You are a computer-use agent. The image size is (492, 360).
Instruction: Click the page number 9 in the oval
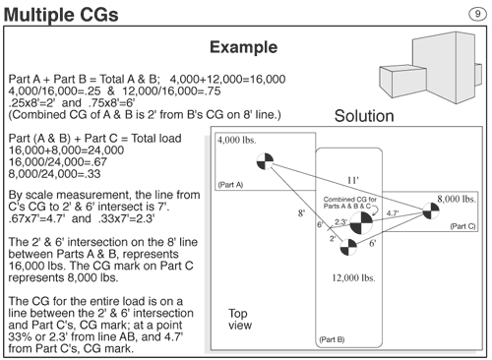[x=477, y=14]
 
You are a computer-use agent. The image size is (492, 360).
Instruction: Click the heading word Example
[x=244, y=47]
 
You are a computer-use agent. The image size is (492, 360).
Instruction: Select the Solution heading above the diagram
[x=364, y=116]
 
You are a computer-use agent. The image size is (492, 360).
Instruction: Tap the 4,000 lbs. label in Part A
[x=237, y=140]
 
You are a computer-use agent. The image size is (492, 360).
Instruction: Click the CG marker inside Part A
[x=265, y=161]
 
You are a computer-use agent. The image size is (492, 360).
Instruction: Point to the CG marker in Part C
[x=431, y=210]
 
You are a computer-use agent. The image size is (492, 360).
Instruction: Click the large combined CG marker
[x=361, y=223]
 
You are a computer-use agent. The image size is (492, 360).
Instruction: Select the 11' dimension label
[x=353, y=180]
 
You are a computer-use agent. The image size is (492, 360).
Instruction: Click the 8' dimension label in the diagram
[x=301, y=213]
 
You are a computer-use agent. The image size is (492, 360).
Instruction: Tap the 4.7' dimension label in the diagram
[x=393, y=213]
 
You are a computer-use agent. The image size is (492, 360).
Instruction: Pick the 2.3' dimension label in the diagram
[x=340, y=222]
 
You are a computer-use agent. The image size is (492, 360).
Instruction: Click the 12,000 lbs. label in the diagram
[x=353, y=278]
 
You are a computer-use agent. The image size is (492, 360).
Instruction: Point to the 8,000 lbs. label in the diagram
[x=457, y=199]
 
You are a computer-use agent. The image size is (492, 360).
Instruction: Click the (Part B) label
[x=332, y=339]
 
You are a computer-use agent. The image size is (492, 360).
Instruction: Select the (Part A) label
[x=230, y=185]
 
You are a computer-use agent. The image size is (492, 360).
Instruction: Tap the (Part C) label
[x=462, y=226]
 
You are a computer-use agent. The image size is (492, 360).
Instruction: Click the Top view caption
[x=240, y=319]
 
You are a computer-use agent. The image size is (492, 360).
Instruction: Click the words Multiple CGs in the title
[x=61, y=15]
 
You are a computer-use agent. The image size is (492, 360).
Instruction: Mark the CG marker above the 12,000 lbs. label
[x=348, y=247]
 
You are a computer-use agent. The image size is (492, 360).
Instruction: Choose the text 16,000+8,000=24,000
[x=66, y=150]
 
